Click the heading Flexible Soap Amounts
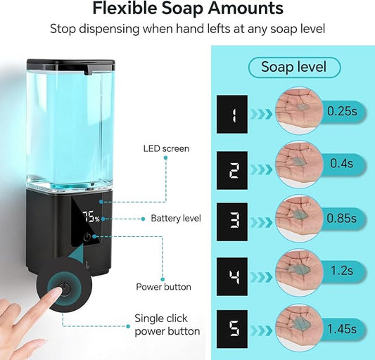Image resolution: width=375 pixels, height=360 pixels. [x=187, y=9]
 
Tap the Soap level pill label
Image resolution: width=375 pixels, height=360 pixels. [x=294, y=67]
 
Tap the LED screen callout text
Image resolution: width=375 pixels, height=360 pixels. [x=167, y=148]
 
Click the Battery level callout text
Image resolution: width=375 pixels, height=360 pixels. [x=176, y=219]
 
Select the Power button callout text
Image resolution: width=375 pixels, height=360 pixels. [x=163, y=287]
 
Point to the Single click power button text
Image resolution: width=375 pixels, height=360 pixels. [x=167, y=325]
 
